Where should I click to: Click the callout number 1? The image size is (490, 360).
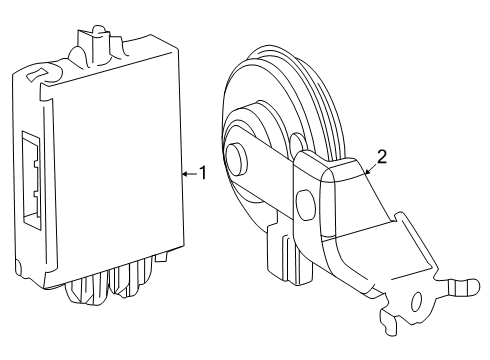point(202,173)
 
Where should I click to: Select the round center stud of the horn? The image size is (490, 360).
point(237,158)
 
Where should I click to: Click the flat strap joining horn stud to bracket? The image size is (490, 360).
point(270,160)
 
